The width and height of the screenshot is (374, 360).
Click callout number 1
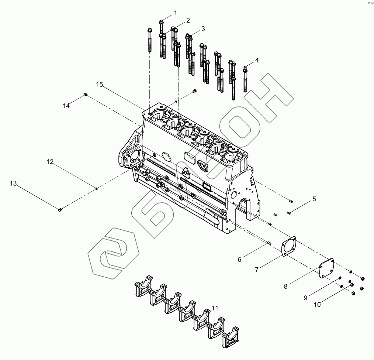click(176, 13)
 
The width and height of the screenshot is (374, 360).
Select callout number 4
click(257, 60)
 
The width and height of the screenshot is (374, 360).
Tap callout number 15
click(100, 85)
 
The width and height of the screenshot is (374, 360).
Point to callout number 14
click(66, 106)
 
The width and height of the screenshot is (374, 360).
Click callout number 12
click(50, 162)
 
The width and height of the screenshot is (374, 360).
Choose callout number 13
click(13, 184)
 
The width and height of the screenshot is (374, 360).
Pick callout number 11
click(215, 308)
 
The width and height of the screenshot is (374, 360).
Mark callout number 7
click(257, 270)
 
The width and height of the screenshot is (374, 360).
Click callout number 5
click(314, 199)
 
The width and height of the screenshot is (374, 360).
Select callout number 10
click(317, 305)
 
